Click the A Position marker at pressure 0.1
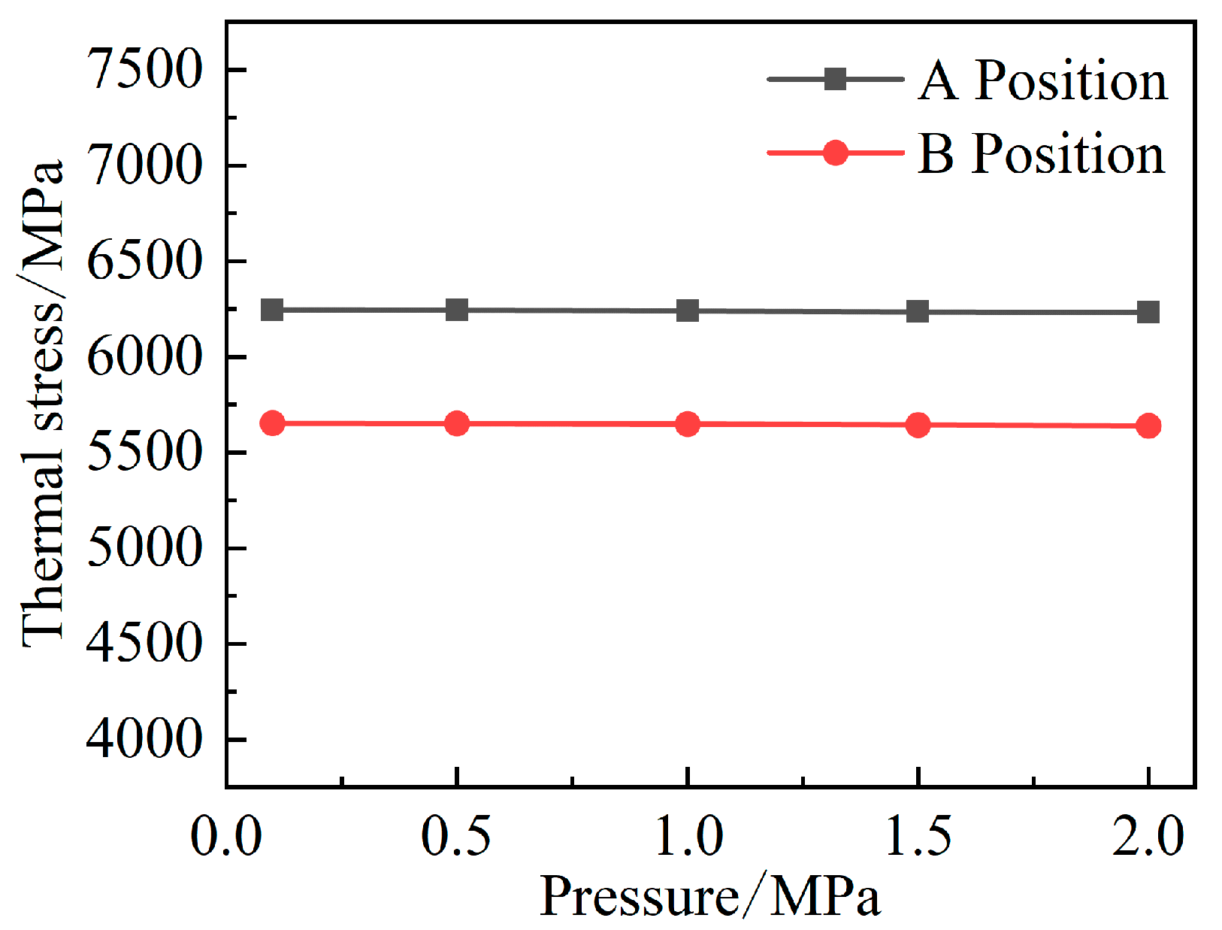click(x=271, y=310)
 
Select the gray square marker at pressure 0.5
click(x=457, y=310)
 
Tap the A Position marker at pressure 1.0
click(x=687, y=311)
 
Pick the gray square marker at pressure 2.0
click(x=1148, y=312)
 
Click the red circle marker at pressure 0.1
click(x=271, y=423)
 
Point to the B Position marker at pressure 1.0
click(x=687, y=424)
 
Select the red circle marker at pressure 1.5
click(x=918, y=425)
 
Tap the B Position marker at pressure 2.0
click(x=1148, y=426)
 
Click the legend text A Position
click(x=1043, y=80)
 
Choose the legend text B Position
click(x=1042, y=154)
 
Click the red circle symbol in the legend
click(x=835, y=153)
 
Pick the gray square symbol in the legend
click(x=835, y=78)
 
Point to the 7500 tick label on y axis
click(x=144, y=70)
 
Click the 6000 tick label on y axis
click(x=144, y=357)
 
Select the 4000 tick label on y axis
click(x=144, y=740)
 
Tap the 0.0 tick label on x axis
click(x=226, y=836)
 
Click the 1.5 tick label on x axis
click(x=918, y=836)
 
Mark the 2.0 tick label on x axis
click(x=1148, y=836)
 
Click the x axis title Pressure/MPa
click(x=709, y=897)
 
